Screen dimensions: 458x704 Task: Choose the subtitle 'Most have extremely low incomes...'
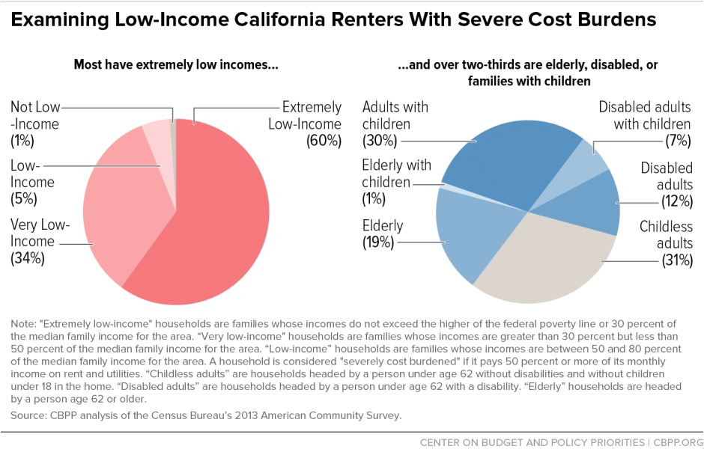(x=175, y=65)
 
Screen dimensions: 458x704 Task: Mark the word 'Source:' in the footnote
(x=28, y=414)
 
